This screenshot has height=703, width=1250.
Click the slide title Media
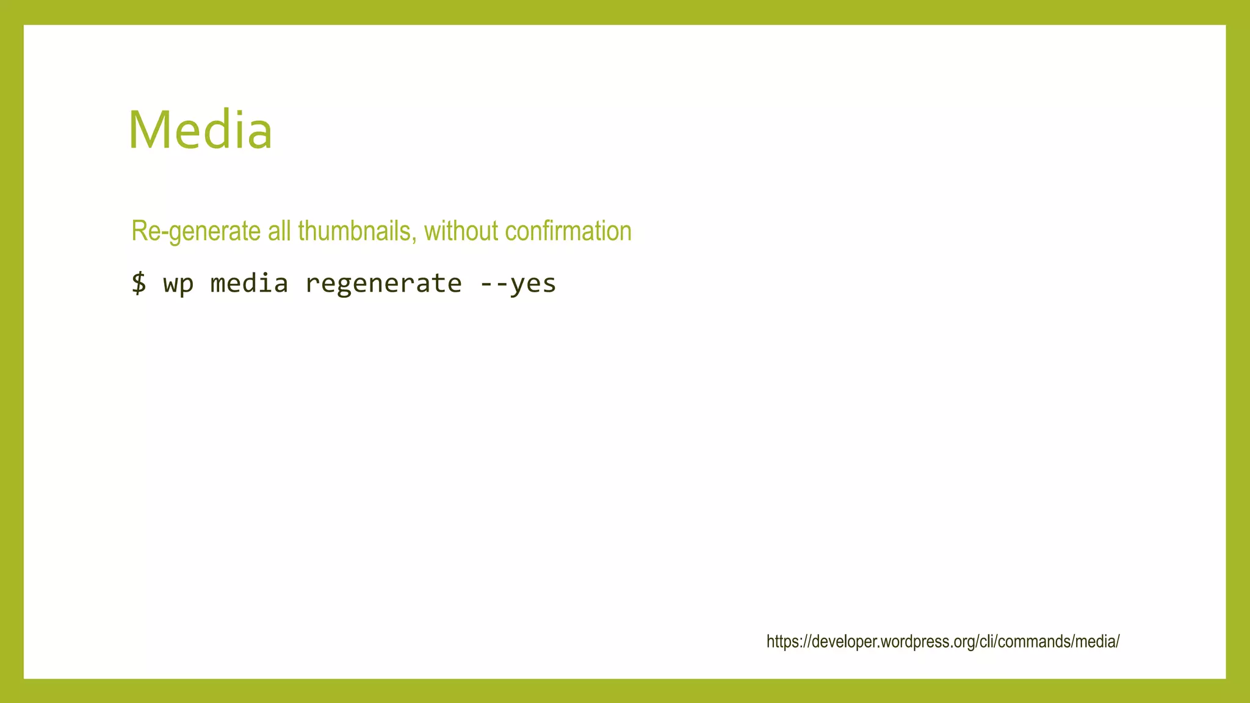(200, 129)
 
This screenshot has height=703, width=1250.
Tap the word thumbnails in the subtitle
(354, 231)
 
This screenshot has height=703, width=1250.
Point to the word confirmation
(568, 231)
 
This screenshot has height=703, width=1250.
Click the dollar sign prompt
(139, 283)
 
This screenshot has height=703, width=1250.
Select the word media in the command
(249, 283)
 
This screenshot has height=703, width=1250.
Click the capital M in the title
(148, 129)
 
